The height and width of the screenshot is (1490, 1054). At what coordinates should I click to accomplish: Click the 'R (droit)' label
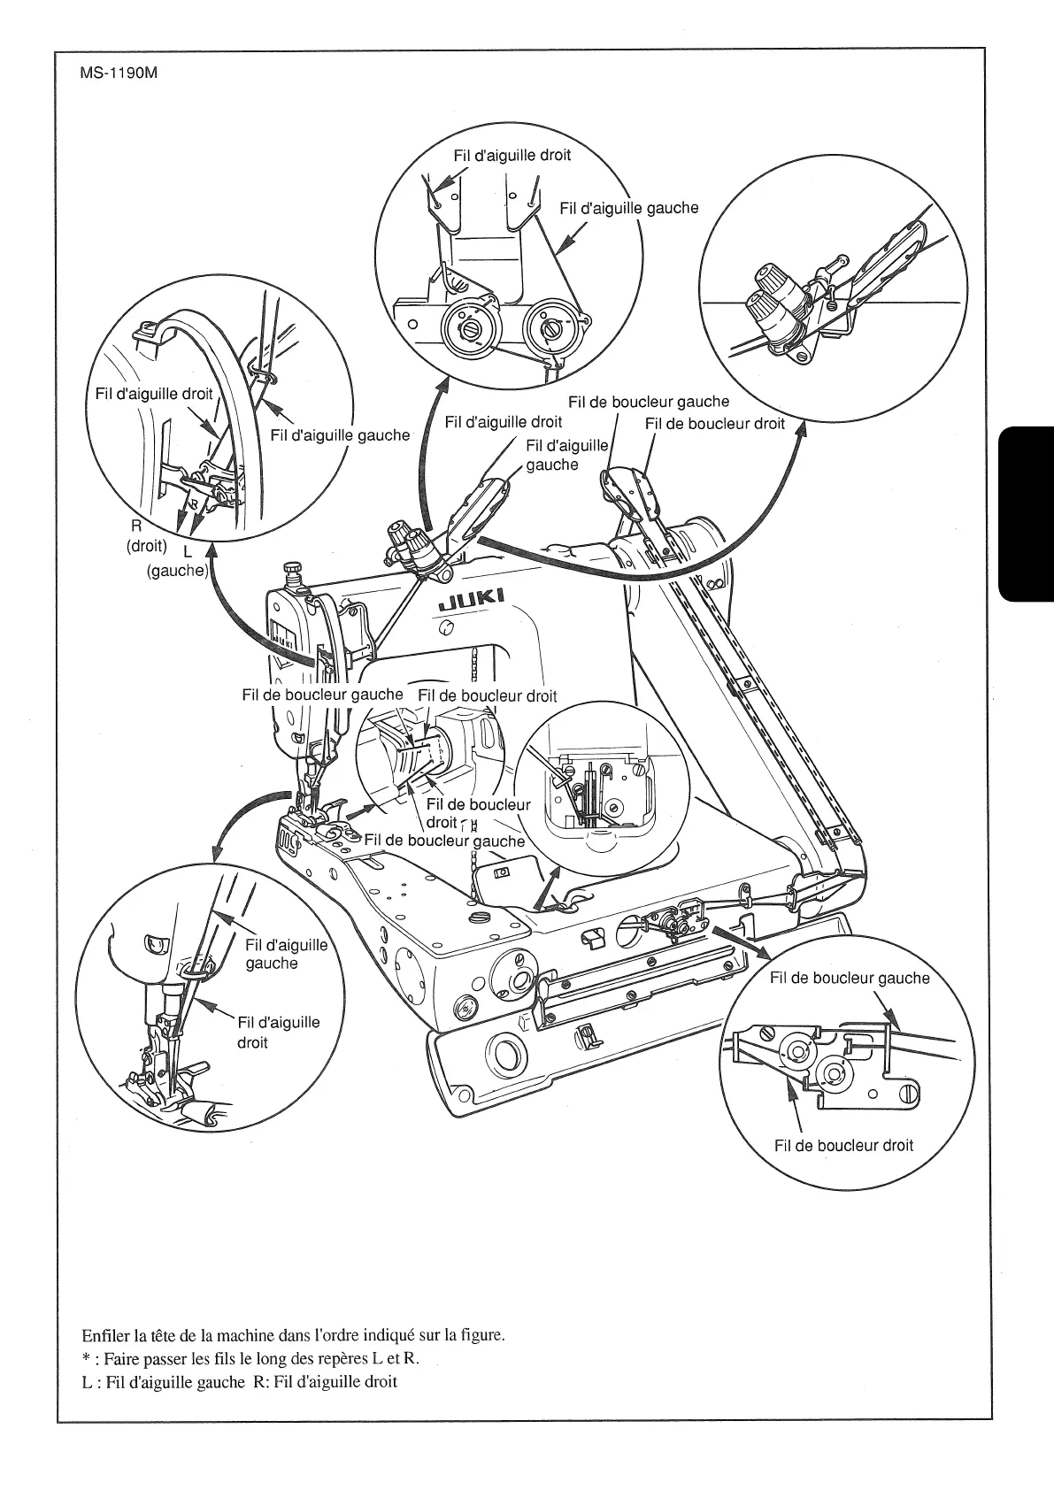(x=147, y=536)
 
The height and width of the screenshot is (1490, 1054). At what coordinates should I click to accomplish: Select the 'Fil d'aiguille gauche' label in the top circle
(x=628, y=208)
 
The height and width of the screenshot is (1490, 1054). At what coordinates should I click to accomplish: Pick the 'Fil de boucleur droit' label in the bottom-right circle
(x=843, y=1145)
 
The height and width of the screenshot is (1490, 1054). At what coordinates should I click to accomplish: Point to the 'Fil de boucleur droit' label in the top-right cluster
(x=714, y=423)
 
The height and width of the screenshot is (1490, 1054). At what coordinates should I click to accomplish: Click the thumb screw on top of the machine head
(x=293, y=570)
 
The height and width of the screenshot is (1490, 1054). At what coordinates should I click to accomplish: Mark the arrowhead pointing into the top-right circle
(x=801, y=429)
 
